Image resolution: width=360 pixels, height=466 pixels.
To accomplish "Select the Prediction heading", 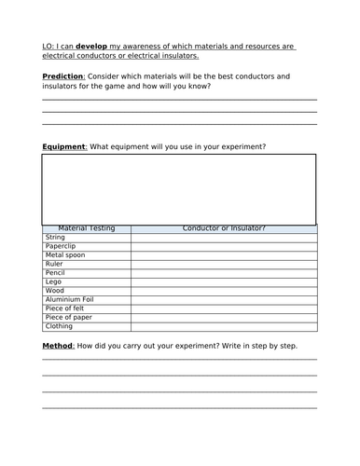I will [x=66, y=75].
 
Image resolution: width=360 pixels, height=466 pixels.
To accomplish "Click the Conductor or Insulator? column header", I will [x=224, y=228].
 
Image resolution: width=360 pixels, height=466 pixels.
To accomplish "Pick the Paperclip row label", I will [x=60, y=246].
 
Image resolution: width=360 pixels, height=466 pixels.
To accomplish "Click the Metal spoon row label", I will [x=64, y=255].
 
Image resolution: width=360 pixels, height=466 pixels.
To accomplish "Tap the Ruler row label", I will [x=53, y=264].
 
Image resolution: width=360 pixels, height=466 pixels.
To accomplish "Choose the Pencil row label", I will [x=54, y=272].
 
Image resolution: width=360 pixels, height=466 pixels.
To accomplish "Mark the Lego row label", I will [x=52, y=281].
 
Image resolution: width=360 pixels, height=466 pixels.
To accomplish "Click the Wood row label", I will [x=54, y=290].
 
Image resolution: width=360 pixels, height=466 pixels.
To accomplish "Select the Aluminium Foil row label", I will [x=69, y=299].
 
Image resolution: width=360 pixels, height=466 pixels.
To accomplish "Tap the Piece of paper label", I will [x=68, y=317].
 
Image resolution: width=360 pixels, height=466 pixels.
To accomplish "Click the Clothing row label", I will [x=59, y=325].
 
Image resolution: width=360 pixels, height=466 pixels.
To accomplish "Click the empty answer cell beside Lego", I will [x=224, y=281].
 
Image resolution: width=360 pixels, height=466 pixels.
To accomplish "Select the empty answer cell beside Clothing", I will [x=224, y=325].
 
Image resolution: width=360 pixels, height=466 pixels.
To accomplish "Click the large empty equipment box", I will [x=178, y=189].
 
